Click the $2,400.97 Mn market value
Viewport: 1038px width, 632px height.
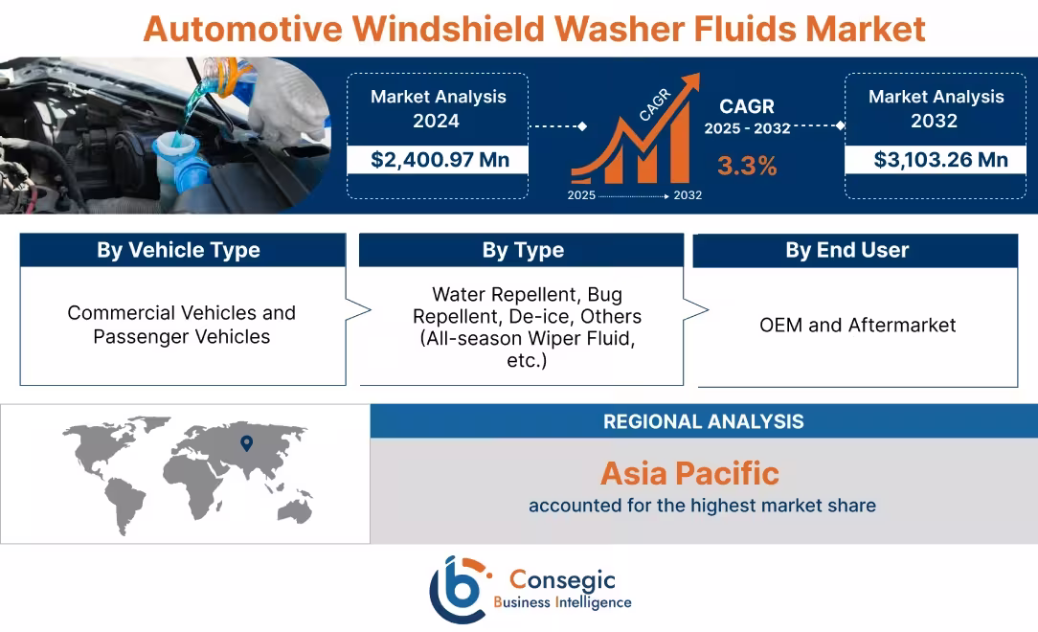point(440,159)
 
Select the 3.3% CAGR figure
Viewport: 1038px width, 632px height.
point(747,166)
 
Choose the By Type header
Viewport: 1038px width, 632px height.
point(523,250)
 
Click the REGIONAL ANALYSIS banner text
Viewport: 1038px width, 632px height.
point(703,421)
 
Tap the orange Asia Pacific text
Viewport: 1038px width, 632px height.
point(689,473)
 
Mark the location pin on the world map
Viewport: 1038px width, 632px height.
point(246,442)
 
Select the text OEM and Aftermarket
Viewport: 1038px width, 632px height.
point(857,325)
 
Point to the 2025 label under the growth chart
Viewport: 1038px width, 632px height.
point(581,195)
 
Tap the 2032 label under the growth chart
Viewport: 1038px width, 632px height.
point(687,195)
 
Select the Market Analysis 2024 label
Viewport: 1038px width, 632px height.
point(438,108)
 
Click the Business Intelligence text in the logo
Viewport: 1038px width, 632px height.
point(562,602)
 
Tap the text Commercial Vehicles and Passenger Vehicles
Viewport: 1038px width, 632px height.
point(181,325)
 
